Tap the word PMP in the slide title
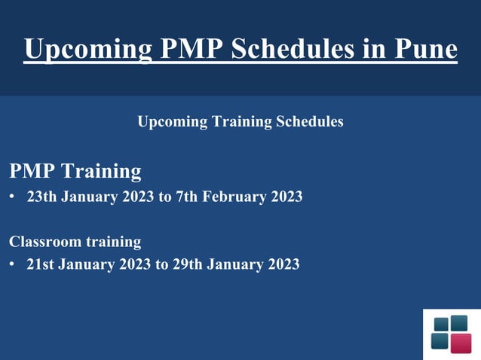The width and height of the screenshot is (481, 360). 189,49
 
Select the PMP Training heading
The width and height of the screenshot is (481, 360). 75,171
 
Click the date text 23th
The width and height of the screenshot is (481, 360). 41,197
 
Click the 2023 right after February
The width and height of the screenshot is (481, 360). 285,197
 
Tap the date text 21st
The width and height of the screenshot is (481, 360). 40,264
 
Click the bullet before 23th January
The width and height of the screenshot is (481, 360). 12,197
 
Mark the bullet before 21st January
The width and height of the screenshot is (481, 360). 12,264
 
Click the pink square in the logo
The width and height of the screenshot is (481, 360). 460,343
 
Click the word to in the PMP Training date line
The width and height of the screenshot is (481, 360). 164,197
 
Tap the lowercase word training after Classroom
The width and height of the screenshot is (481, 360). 112,242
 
